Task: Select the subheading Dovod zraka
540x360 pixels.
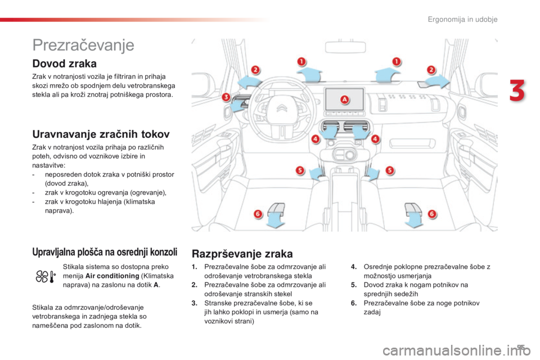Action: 65,64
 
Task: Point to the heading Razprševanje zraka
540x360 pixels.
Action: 242,253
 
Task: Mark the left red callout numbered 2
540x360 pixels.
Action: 255,70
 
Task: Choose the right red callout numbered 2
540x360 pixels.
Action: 431,70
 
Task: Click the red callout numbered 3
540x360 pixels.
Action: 226,97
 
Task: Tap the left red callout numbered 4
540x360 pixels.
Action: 315,138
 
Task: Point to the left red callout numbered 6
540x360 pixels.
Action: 258,214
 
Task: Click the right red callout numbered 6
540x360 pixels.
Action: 432,214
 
